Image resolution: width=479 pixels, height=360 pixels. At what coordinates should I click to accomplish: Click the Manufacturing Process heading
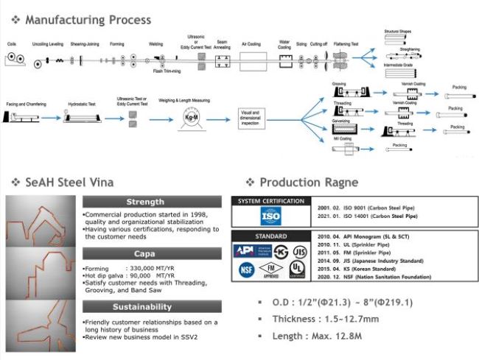pos(88,20)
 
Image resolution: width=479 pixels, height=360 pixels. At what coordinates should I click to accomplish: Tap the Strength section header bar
pos(150,202)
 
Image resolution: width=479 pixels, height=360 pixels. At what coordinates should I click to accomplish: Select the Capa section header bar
pos(150,253)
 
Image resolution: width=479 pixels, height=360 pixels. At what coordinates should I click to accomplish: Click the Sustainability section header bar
pos(150,306)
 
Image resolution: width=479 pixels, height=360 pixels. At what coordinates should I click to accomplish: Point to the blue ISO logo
pos(270,215)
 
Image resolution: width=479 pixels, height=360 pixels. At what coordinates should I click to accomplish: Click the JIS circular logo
pos(297,250)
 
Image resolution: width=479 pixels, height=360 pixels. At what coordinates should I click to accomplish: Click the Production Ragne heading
pos(309,182)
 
